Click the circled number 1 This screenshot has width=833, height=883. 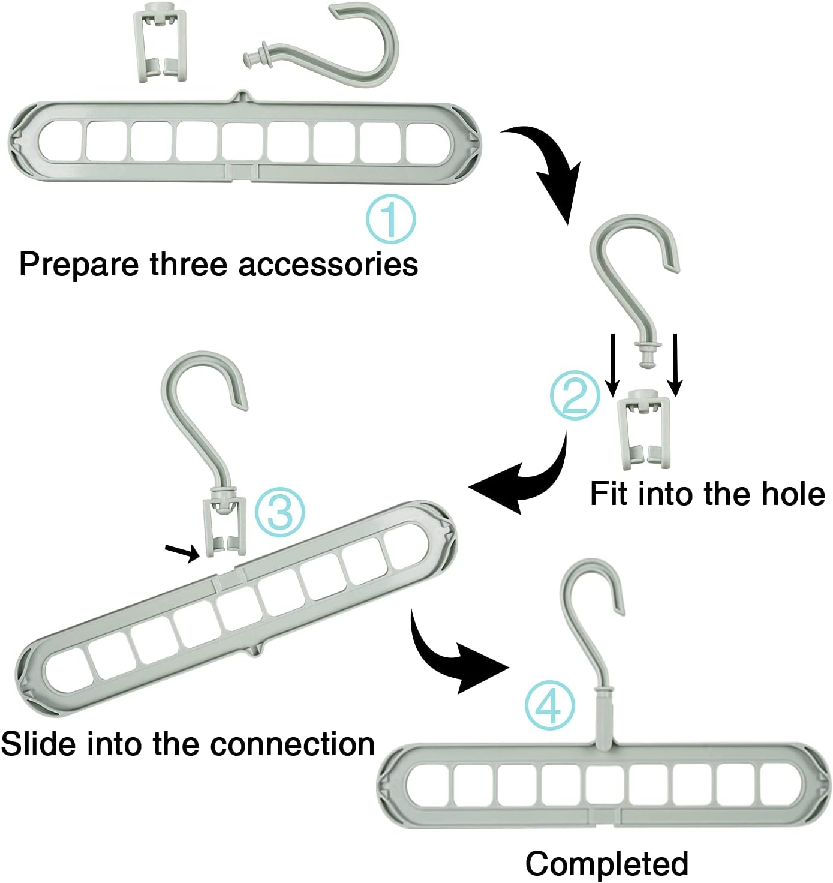(x=390, y=219)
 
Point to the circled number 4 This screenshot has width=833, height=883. (x=550, y=705)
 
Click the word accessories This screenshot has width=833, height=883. (x=328, y=265)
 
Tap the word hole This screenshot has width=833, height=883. (x=793, y=494)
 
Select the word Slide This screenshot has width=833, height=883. (x=38, y=744)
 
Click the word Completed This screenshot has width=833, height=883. (x=607, y=864)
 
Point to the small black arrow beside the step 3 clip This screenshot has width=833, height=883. (x=182, y=552)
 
